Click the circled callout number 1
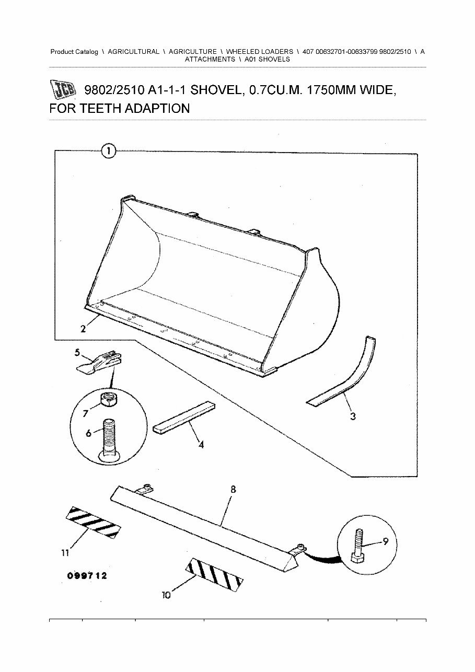[x=108, y=152]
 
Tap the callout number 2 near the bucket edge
[x=83, y=329]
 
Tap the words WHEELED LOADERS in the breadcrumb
[x=259, y=52]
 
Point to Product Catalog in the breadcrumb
[x=74, y=52]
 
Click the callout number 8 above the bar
[x=233, y=490]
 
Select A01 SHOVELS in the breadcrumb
[x=267, y=60]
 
